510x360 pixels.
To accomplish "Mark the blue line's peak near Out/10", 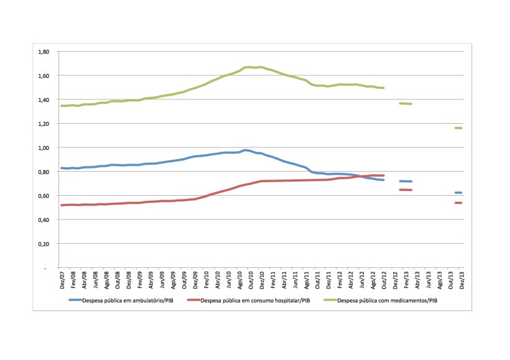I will [x=246, y=150].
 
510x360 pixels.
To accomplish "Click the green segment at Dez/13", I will [x=459, y=128].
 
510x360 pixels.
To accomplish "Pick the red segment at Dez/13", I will [x=459, y=203].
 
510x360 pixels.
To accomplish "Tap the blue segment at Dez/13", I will [x=459, y=193].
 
